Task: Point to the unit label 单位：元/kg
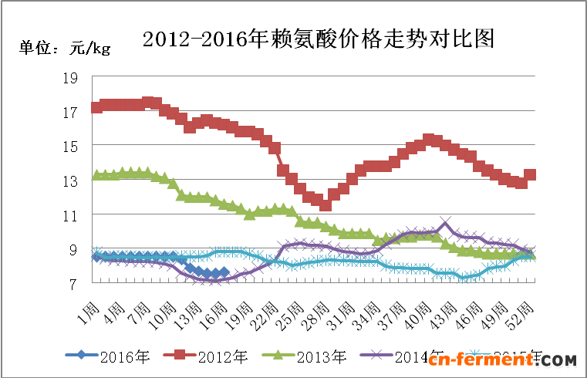coord(65,49)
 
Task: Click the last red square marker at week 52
coord(530,175)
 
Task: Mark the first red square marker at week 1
coord(96,107)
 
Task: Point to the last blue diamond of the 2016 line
coord(224,272)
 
